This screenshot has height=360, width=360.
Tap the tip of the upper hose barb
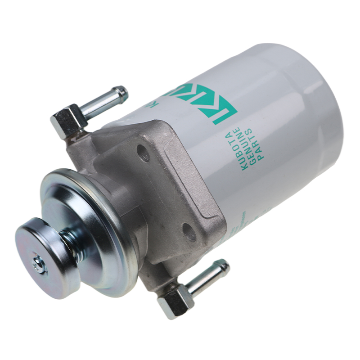[x=122, y=93]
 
